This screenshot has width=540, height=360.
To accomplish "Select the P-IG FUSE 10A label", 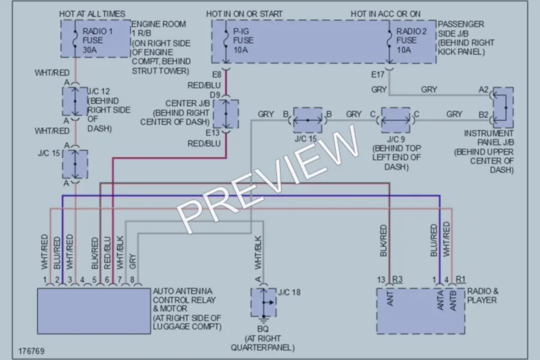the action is tap(243, 41).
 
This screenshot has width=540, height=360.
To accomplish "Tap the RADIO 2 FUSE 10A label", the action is tap(411, 41).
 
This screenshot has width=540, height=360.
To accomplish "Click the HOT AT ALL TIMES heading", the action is tap(92, 14).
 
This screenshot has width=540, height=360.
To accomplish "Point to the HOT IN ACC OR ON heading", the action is tap(385, 14).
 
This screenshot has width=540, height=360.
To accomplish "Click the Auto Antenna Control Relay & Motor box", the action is tap(94, 311).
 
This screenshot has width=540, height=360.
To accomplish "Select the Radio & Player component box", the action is tap(421, 311).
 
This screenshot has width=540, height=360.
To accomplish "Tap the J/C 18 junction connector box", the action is tap(263, 302).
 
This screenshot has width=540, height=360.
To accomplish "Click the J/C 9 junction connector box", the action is tap(396, 120).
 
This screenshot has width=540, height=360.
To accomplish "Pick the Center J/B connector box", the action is tap(226, 113).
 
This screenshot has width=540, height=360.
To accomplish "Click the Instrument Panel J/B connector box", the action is tap(503, 108).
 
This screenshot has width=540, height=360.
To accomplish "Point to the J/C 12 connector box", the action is tap(75, 101).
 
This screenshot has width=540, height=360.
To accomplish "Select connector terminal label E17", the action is tap(377, 74).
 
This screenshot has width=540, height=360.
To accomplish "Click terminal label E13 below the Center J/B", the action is tap(212, 133).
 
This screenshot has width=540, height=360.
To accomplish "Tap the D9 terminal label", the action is tap(215, 95).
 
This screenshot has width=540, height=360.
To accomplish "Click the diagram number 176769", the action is tap(31, 351).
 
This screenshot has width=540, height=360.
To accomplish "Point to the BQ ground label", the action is tap(263, 329).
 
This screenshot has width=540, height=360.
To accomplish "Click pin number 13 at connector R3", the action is tap(381, 280).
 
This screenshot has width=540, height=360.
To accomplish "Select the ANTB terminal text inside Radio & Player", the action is tap(453, 301).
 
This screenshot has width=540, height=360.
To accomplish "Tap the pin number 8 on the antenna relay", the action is tap(132, 280).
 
